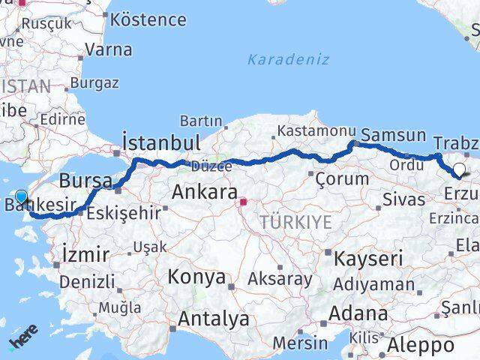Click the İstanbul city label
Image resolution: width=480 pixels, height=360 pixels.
161,142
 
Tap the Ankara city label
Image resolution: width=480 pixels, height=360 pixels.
205,192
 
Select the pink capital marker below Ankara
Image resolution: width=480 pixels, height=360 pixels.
243,201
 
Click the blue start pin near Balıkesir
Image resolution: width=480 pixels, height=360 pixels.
21,197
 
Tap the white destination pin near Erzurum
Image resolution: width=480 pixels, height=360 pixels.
459,170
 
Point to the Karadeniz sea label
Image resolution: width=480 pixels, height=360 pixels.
288,59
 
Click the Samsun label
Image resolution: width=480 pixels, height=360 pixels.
393,135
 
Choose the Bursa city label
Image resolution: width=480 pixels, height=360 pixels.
85,180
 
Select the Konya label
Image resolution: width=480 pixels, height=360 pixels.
196,277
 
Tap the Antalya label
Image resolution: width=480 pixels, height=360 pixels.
214,319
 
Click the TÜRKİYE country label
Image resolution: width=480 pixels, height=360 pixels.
295,222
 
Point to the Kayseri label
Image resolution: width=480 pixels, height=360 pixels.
370,259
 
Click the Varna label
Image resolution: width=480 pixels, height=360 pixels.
109,50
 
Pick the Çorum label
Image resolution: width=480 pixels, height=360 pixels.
343,178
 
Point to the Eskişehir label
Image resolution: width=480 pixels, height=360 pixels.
124,213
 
